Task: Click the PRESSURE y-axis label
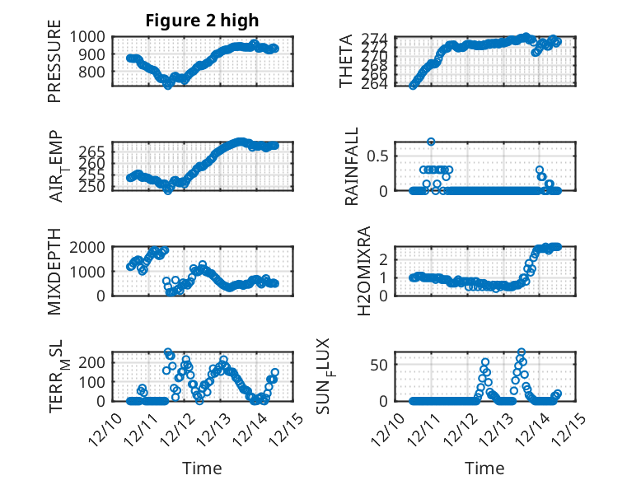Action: click(54, 67)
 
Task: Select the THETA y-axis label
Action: click(347, 62)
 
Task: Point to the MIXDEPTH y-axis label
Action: click(54, 271)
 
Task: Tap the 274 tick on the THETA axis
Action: click(377, 39)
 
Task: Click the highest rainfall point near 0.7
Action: click(431, 142)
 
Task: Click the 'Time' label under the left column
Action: click(202, 468)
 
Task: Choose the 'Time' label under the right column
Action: click(484, 468)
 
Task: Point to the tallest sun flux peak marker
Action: click(522, 352)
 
